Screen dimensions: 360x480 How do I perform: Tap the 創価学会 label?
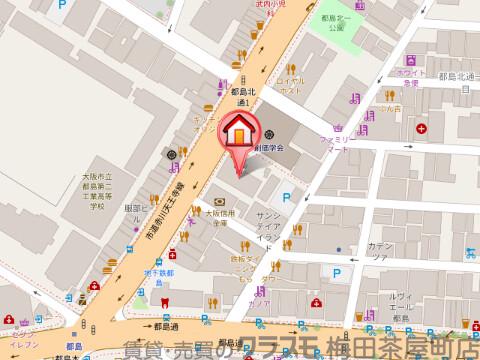click(x=268, y=148)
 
